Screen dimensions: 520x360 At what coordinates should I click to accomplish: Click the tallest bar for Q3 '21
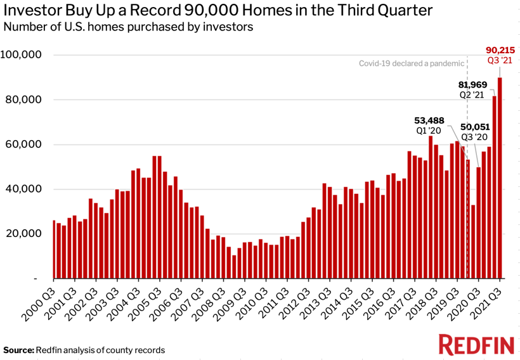(x=500, y=177)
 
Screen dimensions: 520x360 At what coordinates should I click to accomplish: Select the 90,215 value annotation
(x=500, y=50)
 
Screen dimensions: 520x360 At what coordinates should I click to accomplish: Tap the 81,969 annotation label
(x=472, y=84)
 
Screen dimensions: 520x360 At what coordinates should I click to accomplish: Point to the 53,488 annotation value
(x=429, y=120)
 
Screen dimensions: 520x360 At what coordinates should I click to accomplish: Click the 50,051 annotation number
(x=475, y=127)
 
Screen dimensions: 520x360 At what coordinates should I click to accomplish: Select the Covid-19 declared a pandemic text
(x=412, y=63)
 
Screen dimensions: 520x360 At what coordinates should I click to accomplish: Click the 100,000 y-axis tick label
(x=21, y=55)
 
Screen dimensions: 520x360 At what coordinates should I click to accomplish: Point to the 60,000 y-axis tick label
(x=23, y=145)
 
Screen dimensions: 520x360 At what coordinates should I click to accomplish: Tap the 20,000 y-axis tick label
(x=23, y=233)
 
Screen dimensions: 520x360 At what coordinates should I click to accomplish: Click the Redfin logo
(x=476, y=345)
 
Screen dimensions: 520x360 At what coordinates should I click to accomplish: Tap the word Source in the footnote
(x=18, y=350)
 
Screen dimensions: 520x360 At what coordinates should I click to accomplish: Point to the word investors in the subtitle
(x=228, y=27)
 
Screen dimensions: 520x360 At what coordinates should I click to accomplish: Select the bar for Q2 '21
(x=494, y=187)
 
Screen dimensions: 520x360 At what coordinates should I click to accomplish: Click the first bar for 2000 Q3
(x=54, y=249)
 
